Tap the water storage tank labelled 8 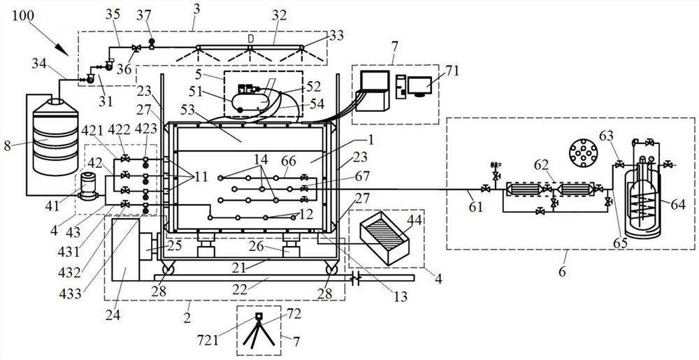pyautogui.click(x=55, y=136)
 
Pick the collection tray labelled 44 pyautogui.click(x=384, y=238)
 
